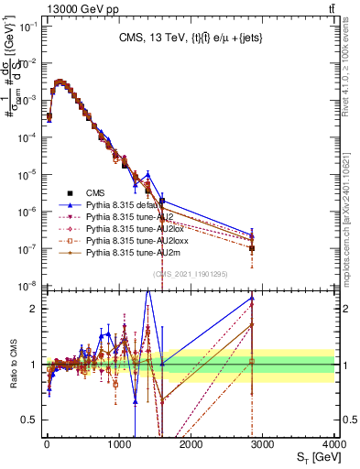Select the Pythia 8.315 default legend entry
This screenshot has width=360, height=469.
[126, 206]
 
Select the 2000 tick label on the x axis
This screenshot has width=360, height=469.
[191, 444]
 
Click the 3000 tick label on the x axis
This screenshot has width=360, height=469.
[263, 444]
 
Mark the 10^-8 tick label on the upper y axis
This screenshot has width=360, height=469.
[27, 286]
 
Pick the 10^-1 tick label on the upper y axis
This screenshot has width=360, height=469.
[27, 27]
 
